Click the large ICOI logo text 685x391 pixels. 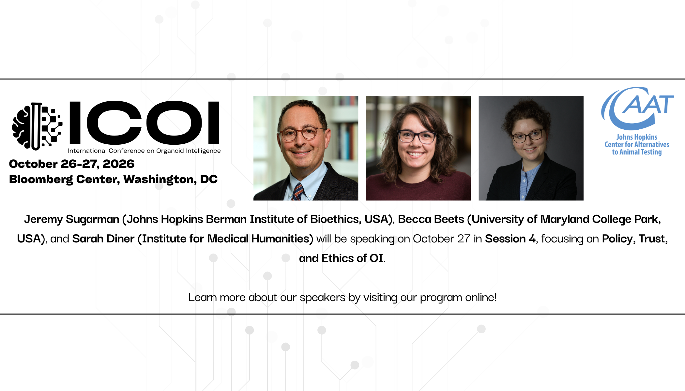pos(144,123)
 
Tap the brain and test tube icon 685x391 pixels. pos(37,126)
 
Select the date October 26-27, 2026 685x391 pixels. pos(72,164)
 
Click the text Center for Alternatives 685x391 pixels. pos(637,145)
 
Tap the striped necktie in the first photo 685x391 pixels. pos(297,192)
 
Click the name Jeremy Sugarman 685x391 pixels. pos(72,219)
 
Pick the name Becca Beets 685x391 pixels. pos(431,219)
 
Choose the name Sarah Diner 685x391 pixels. pos(103,239)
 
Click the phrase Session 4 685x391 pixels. pos(510,239)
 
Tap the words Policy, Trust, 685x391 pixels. pos(635,239)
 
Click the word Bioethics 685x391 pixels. pos(336,219)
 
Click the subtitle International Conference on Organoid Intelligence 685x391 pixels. pos(144,151)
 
